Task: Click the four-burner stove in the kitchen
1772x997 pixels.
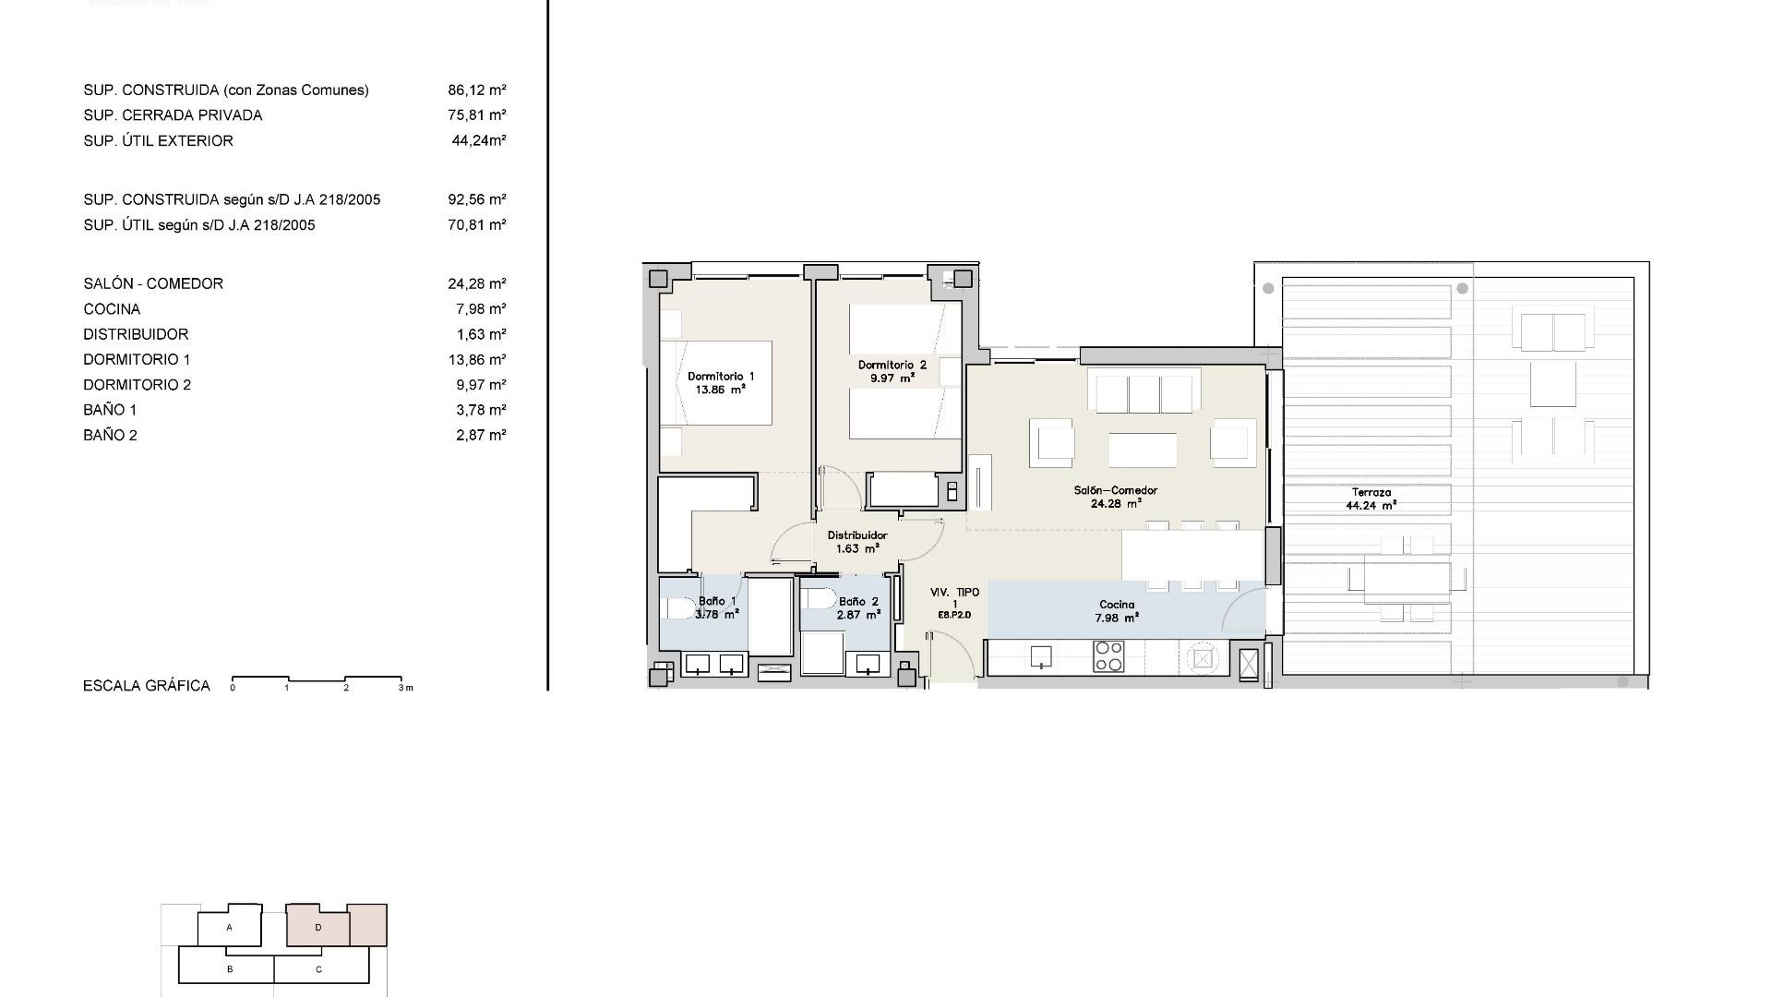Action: click(1108, 656)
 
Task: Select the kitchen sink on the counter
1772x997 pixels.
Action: click(1041, 656)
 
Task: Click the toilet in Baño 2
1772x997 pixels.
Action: click(817, 599)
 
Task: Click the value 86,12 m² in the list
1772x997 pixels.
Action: click(477, 90)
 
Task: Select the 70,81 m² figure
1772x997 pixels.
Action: click(477, 225)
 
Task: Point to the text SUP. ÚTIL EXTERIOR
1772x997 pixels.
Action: click(158, 141)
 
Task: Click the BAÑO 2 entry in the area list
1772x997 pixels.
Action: click(110, 436)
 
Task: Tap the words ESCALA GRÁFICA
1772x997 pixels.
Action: click(147, 686)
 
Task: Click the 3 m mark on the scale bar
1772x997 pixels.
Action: click(405, 688)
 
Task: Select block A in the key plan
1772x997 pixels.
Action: click(230, 927)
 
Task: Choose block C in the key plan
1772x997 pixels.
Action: click(319, 969)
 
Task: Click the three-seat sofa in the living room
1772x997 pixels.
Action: click(1144, 390)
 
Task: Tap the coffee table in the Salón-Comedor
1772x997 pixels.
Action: click(1143, 450)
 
